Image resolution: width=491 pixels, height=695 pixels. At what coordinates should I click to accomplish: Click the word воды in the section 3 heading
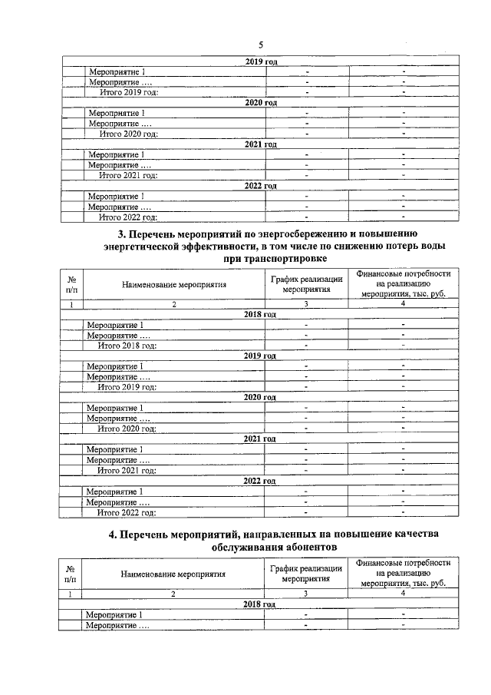click(433, 247)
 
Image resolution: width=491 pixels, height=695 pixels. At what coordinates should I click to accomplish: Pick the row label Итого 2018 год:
click(127, 346)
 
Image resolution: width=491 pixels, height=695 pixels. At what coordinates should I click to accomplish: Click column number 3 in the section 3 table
click(306, 305)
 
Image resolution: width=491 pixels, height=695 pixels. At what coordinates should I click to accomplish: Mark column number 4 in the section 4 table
click(403, 594)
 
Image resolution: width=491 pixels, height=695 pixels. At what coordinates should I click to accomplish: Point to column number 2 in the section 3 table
click(173, 305)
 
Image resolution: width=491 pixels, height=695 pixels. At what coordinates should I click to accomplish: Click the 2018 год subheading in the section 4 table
click(259, 604)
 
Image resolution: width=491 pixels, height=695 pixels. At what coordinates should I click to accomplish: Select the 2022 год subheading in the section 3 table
click(259, 481)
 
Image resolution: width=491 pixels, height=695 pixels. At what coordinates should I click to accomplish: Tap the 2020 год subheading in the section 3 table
click(259, 397)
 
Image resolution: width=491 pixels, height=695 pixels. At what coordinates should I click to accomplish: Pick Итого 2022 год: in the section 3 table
click(127, 511)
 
